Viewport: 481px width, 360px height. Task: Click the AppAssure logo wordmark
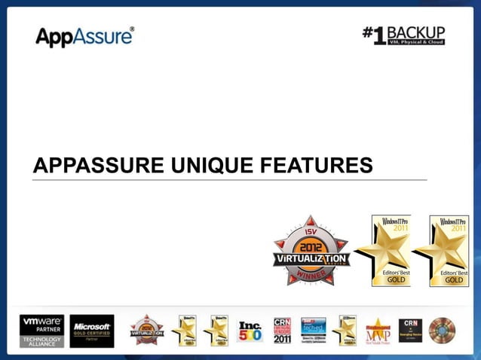(84, 36)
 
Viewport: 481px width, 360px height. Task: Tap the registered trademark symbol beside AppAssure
(133, 29)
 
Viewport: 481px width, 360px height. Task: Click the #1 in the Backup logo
(375, 35)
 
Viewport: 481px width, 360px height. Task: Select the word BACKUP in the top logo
(416, 32)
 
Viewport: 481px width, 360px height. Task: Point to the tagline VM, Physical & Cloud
(416, 42)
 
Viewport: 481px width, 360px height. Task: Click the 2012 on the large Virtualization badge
(311, 246)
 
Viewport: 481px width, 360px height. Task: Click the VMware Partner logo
(41, 330)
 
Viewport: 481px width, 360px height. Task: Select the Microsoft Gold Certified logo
(92, 330)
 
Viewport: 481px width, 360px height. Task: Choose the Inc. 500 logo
(250, 330)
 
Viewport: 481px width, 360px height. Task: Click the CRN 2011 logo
(283, 330)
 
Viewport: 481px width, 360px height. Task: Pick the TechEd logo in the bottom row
(314, 330)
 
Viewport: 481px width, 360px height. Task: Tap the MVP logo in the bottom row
(378, 330)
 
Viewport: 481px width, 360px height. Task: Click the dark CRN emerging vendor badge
(409, 330)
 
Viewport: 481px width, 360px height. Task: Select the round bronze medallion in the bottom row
(442, 330)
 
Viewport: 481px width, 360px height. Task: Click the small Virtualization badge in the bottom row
(146, 330)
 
